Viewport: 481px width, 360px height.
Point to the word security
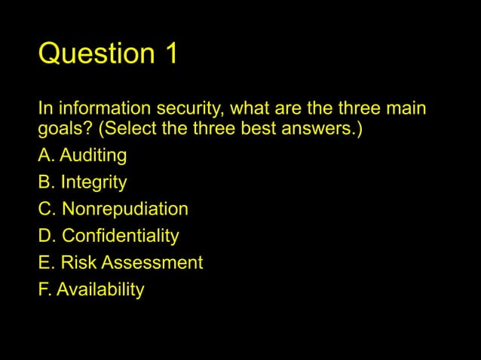click(181, 110)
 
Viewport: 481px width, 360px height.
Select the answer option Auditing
click(93, 156)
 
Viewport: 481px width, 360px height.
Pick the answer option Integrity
click(93, 182)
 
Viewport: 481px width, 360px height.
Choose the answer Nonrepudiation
click(124, 209)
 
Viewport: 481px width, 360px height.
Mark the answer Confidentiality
click(120, 236)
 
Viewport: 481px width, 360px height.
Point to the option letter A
click(44, 156)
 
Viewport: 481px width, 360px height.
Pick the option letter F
click(44, 289)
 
